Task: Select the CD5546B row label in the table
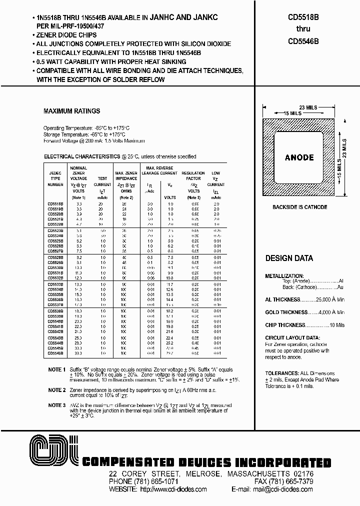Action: tap(55, 353)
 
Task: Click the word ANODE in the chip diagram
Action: tap(299, 157)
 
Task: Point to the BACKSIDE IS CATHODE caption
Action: tap(299, 207)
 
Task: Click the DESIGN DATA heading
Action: tap(289, 258)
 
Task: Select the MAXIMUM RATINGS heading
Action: tap(72, 111)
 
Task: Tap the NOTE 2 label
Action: tap(56, 389)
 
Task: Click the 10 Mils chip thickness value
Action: tap(336, 325)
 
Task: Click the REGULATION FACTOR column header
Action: tap(193, 175)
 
